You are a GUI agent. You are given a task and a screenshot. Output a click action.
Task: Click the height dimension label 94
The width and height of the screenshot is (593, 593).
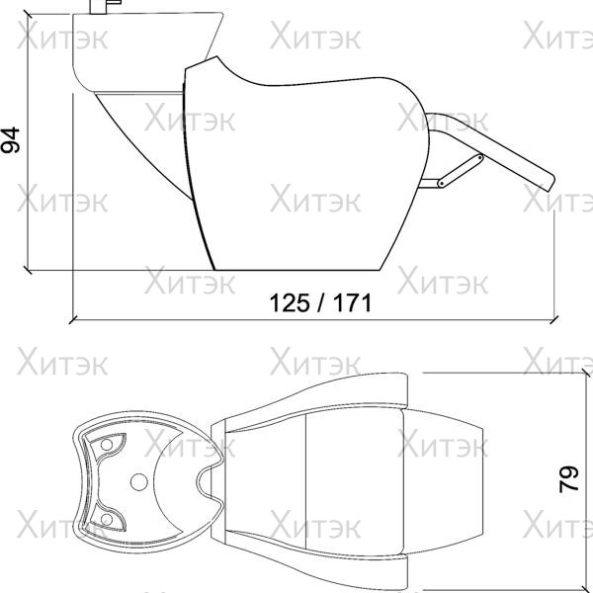[x=10, y=140]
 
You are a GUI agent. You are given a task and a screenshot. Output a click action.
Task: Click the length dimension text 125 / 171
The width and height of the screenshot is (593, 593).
[x=320, y=303]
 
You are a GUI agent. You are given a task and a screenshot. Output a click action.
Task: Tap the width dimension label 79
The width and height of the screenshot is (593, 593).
[x=569, y=478]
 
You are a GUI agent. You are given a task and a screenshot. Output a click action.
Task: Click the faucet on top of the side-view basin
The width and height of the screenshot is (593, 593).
[x=105, y=7]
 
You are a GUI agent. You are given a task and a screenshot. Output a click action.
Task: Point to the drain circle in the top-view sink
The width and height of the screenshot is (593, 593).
[x=138, y=482]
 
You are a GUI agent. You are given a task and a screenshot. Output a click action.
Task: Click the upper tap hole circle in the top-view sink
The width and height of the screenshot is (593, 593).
[x=107, y=445]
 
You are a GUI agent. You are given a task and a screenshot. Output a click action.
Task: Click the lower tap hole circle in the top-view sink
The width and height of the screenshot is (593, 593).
[x=107, y=520]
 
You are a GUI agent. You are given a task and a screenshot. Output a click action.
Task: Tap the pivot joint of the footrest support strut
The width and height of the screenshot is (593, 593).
[x=442, y=184]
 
